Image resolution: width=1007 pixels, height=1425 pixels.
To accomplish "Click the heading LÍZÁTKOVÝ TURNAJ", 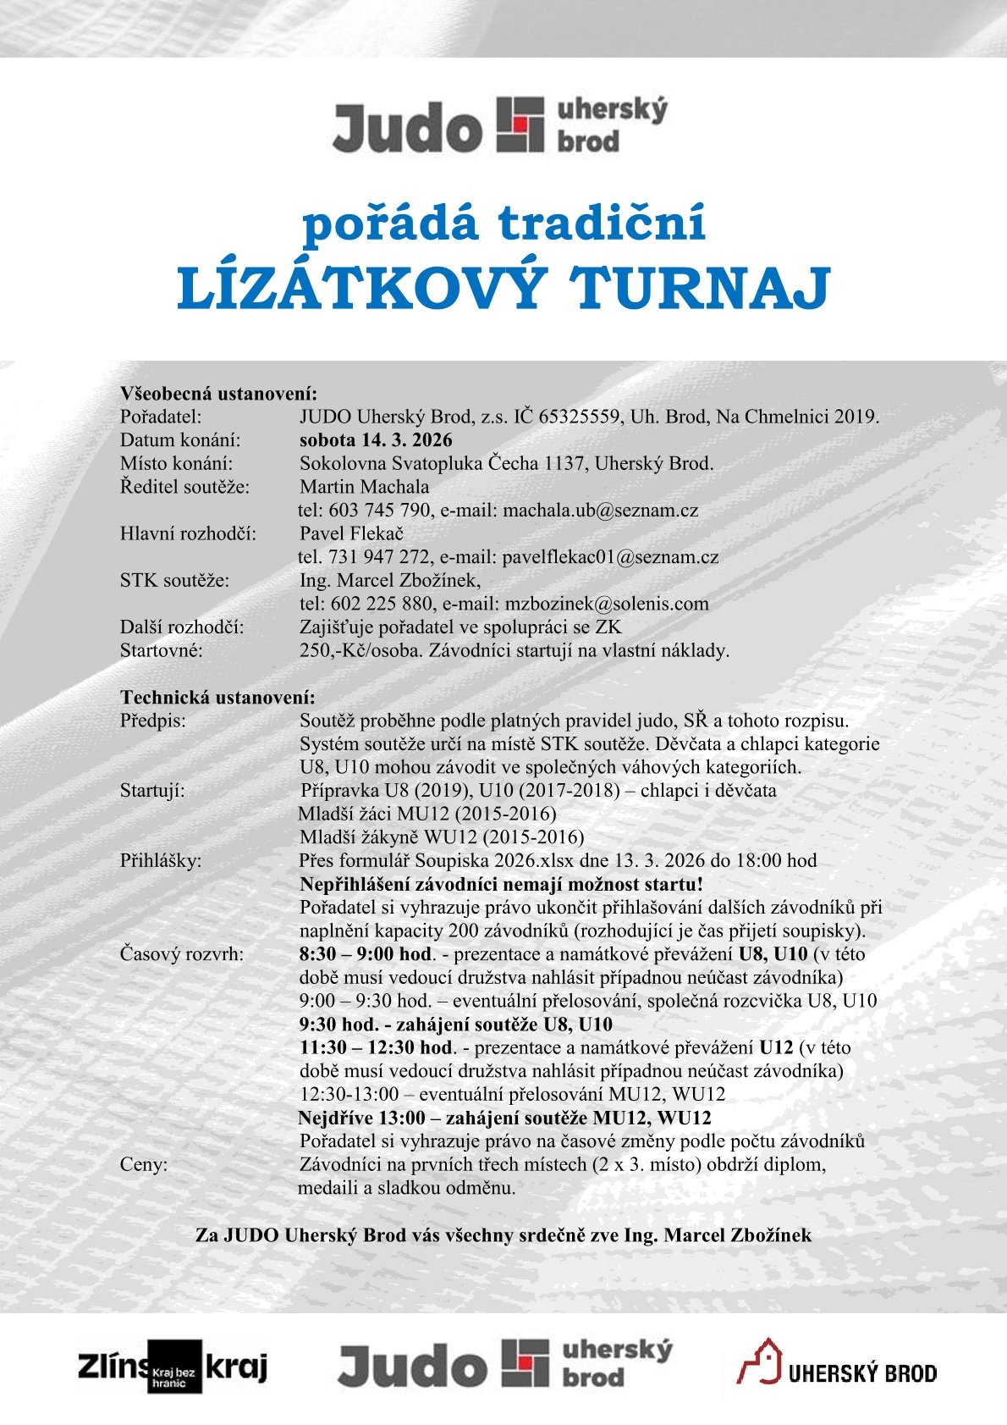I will point(503,289).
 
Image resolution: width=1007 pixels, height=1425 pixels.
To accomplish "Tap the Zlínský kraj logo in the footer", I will point(173,1366).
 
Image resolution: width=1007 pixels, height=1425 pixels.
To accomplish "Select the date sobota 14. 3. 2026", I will point(376,440).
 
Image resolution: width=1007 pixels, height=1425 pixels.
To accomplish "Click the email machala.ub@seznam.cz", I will point(600,511).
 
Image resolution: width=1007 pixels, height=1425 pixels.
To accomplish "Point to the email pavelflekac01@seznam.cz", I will point(610,557).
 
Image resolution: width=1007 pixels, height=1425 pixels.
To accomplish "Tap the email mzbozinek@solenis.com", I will point(606,604).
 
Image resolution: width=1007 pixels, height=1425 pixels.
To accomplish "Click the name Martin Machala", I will point(364,487).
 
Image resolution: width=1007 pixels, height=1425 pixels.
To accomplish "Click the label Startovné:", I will point(162,651).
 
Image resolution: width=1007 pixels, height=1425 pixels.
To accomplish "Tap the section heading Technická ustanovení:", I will point(217,698).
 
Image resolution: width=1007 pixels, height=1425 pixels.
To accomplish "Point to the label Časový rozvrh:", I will point(182,954).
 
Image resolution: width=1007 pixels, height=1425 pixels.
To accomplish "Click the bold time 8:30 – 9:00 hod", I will point(365,954).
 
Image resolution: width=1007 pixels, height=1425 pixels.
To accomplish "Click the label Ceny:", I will point(144,1164).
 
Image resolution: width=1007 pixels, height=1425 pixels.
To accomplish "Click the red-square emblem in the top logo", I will point(520,124).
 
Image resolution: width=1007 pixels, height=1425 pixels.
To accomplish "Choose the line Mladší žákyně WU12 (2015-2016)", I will point(442,837).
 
